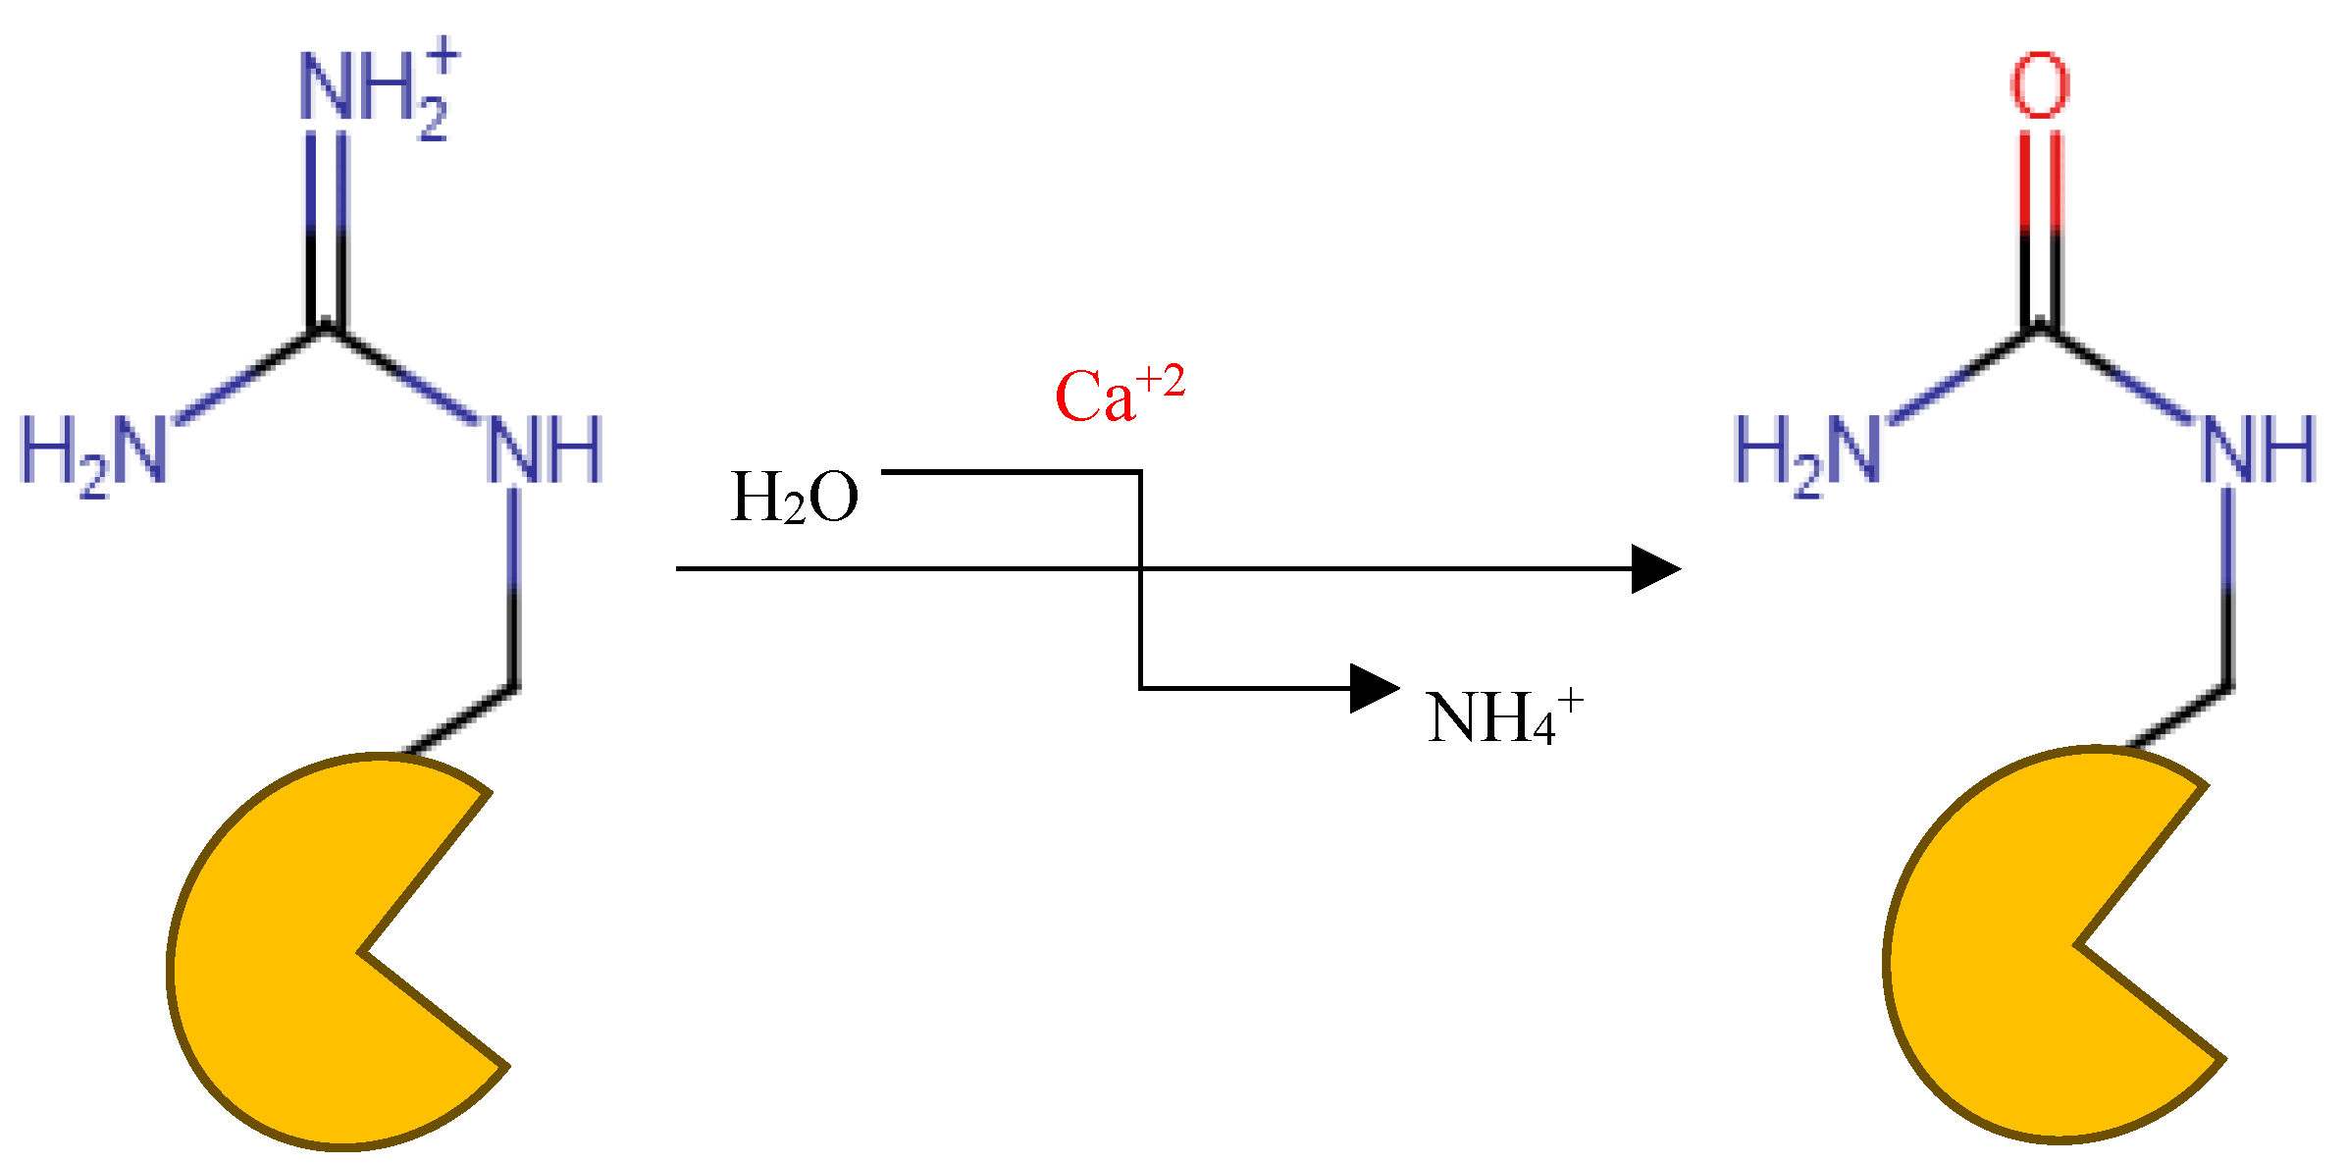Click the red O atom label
tap(2040, 86)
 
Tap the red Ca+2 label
tap(1119, 395)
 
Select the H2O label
tap(794, 498)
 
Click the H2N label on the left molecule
tap(94, 452)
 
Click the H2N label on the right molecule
tap(1807, 452)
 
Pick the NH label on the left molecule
tap(545, 450)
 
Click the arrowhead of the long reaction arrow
tap(1656, 569)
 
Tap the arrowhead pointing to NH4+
tap(1374, 688)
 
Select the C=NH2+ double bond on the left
tap(325, 231)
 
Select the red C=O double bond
tap(2040, 231)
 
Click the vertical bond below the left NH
tap(514, 589)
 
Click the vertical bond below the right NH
tap(2228, 589)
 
